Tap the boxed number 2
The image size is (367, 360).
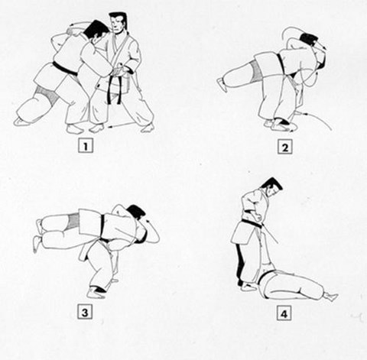click(x=284, y=146)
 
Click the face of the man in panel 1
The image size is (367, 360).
click(x=117, y=27)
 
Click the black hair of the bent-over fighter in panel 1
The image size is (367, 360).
click(x=96, y=29)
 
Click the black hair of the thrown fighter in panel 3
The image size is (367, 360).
click(x=137, y=212)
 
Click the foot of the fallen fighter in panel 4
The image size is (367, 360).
click(x=330, y=296)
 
